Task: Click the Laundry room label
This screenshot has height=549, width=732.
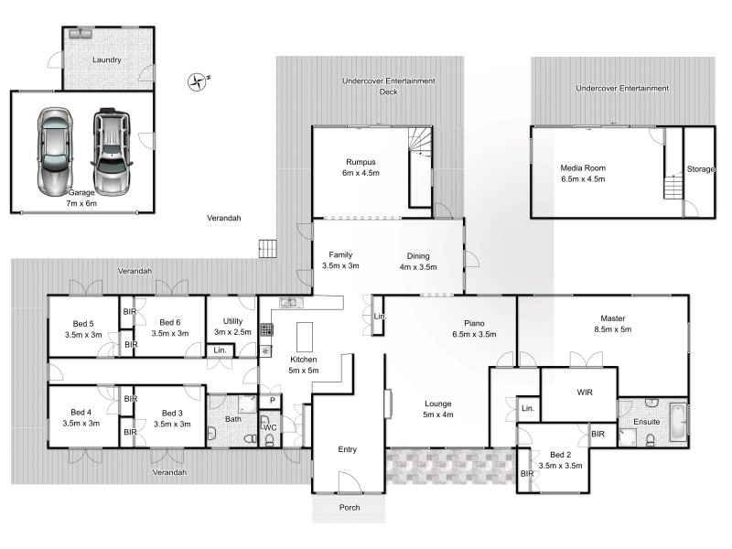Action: click(107, 60)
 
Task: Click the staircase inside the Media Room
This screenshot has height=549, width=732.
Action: click(672, 188)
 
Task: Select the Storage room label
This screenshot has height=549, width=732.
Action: click(700, 169)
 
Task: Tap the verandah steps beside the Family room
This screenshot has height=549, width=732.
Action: click(267, 248)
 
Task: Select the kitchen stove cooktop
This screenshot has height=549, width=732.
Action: click(266, 331)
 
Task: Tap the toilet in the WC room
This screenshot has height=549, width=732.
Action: click(269, 440)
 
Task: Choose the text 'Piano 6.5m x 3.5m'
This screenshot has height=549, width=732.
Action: click(473, 328)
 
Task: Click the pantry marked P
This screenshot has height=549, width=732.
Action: click(272, 401)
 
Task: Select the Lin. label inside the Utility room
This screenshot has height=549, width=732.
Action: click(220, 350)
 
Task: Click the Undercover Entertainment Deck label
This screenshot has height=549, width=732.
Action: click(388, 86)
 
